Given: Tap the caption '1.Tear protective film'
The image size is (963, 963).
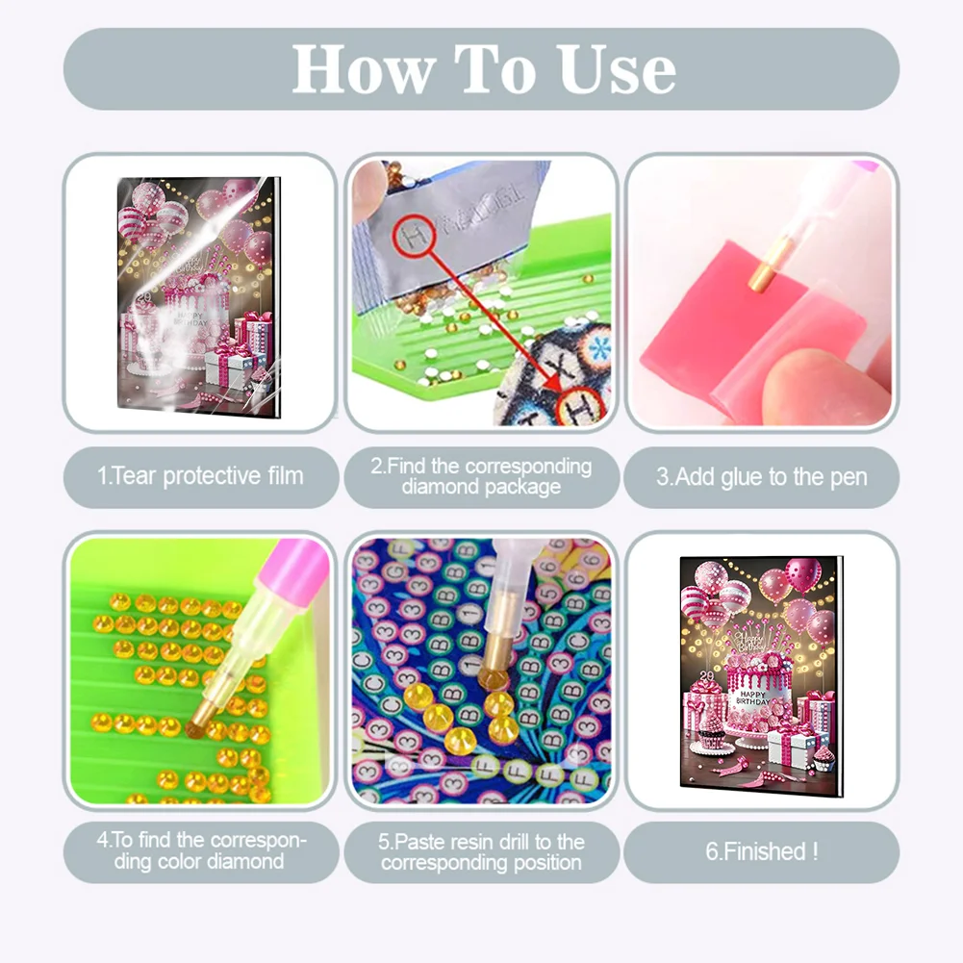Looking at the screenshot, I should pyautogui.click(x=200, y=475).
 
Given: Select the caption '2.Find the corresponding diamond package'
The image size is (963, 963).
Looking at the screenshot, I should pyautogui.click(x=481, y=476).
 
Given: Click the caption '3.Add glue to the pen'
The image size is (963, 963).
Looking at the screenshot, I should pyautogui.click(x=761, y=476).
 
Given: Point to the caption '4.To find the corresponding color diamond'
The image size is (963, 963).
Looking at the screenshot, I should pyautogui.click(x=200, y=850).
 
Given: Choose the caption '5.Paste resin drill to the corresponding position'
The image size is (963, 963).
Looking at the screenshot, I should pyautogui.click(x=481, y=851).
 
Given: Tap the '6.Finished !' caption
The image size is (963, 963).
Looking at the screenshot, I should pyautogui.click(x=761, y=851).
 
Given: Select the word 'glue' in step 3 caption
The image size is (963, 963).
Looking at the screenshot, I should pyautogui.click(x=757, y=476).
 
